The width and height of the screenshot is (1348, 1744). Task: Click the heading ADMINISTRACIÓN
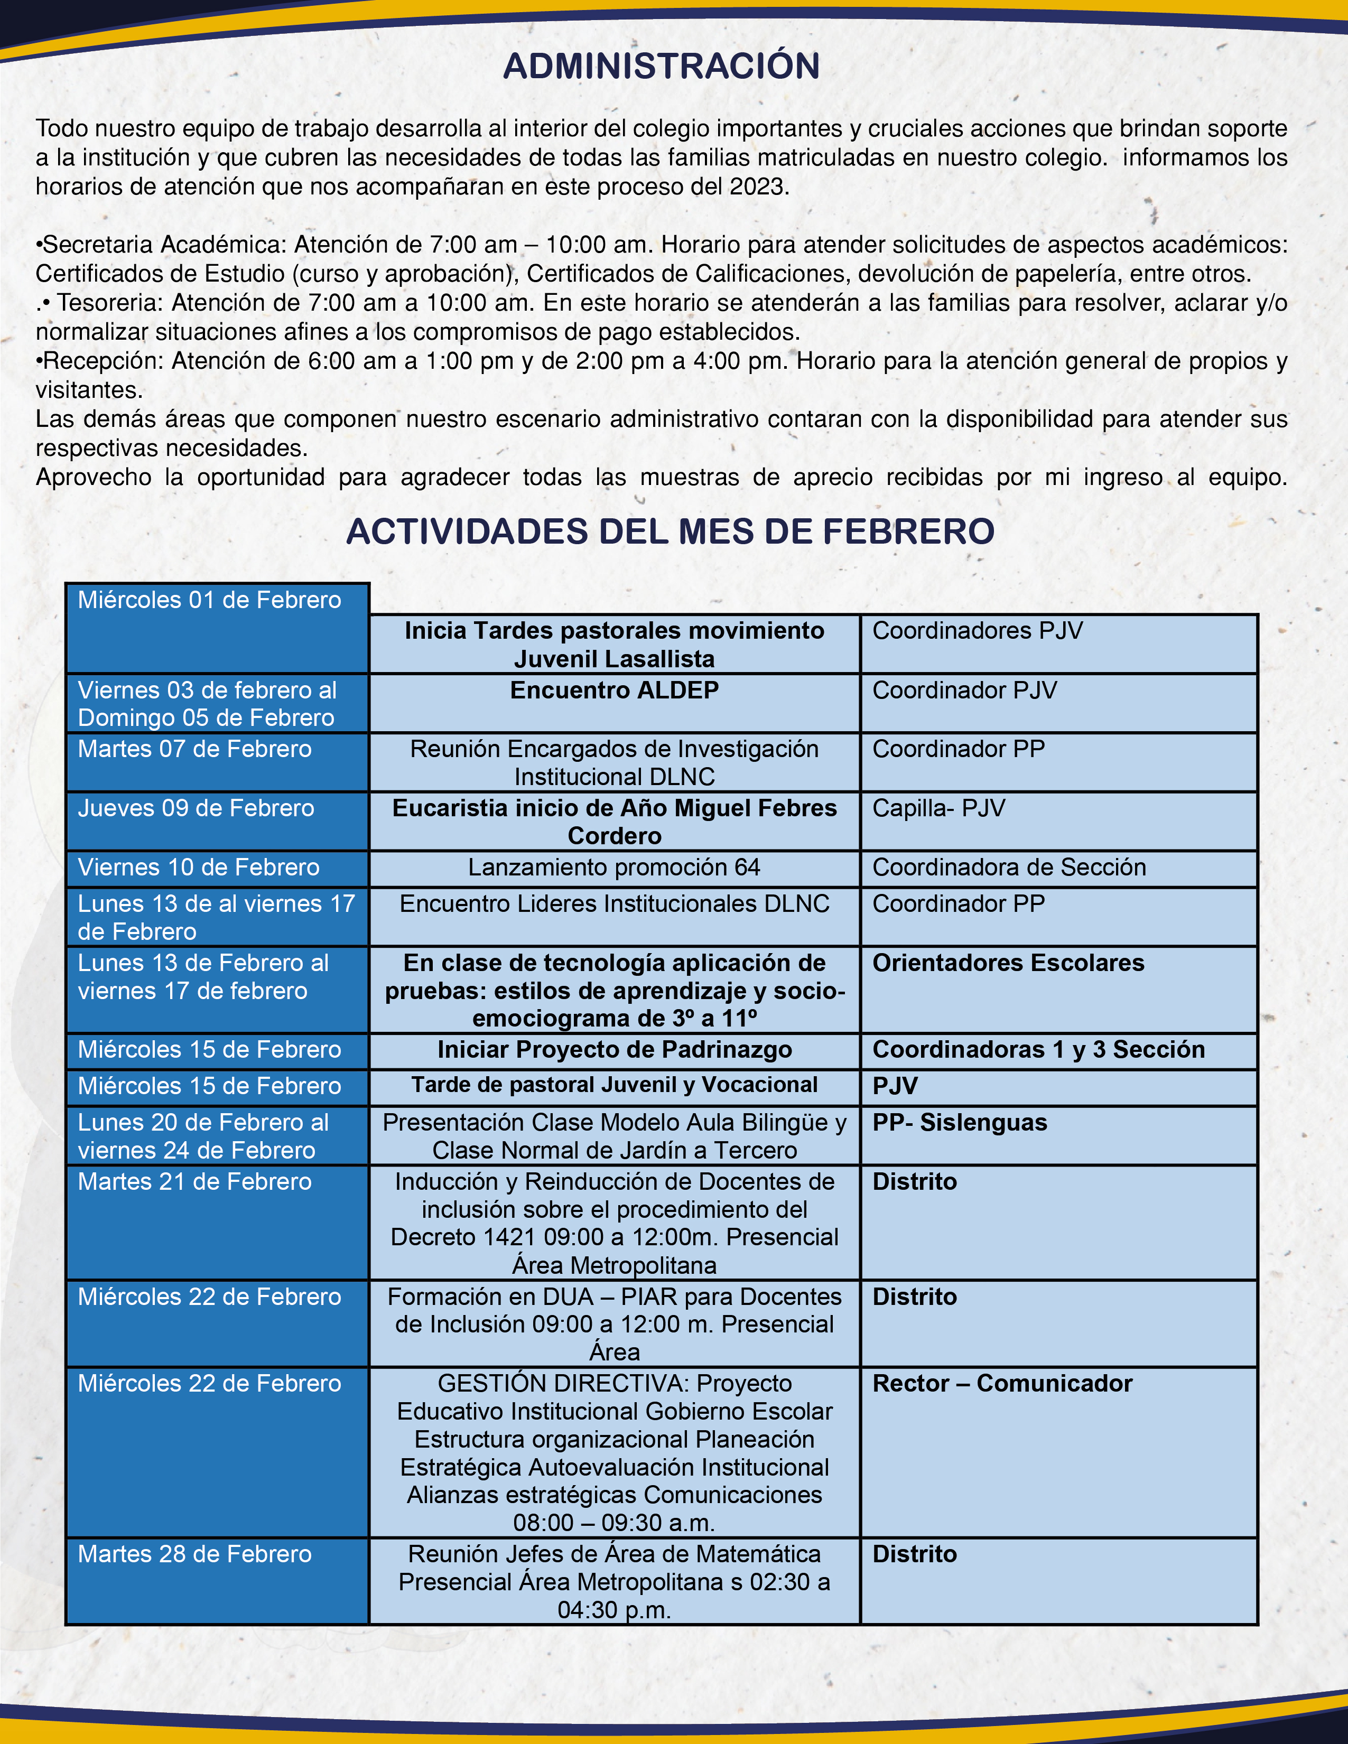click(661, 66)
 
